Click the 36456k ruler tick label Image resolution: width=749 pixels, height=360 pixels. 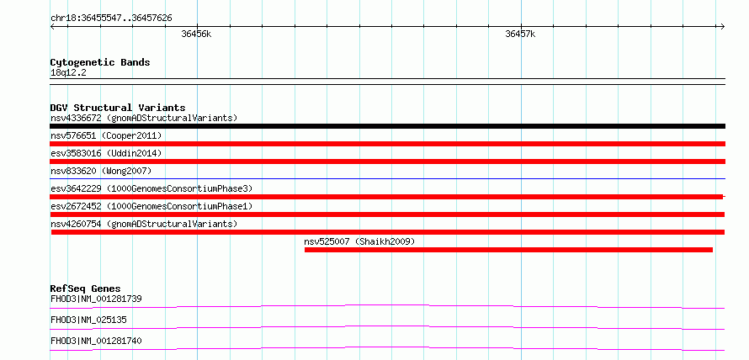coord(196,34)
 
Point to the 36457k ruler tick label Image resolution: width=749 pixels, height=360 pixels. coord(520,34)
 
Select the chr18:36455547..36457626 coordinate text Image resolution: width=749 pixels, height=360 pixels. coord(111,19)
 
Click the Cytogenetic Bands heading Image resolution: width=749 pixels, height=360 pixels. coord(100,62)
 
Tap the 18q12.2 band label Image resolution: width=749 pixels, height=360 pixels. coord(68,73)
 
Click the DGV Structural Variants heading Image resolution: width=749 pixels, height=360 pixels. coord(118,108)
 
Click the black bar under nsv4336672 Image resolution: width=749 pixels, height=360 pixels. coord(387,126)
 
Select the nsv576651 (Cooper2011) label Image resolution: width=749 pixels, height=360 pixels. coord(106,136)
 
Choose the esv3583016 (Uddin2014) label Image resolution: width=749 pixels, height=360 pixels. coord(106,153)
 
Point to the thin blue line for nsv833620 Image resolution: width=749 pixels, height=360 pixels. coord(387,178)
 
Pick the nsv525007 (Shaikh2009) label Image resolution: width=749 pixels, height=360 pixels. coord(359,241)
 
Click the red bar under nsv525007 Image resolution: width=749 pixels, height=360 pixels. coord(508,250)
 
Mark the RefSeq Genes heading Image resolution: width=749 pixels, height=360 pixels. coord(86,289)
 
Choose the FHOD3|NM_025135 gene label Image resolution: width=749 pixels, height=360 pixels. coord(88,320)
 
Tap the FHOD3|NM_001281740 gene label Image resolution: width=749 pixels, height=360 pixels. coord(96,341)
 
